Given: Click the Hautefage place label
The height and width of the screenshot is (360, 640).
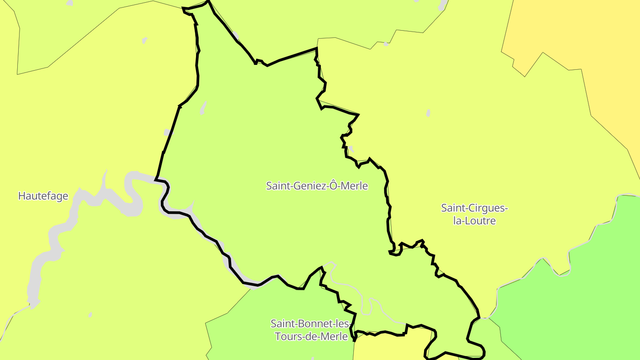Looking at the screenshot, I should (43, 196).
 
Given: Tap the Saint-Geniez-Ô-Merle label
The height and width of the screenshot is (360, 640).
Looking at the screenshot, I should (317, 186).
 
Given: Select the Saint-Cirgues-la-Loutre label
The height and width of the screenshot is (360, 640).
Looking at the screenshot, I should (474, 214).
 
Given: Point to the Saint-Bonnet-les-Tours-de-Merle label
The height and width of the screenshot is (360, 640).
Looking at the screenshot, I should (311, 329).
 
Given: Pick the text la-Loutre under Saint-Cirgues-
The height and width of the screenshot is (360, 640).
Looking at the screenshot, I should (474, 220).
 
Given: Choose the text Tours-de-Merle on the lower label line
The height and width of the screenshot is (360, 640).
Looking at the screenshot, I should (311, 336).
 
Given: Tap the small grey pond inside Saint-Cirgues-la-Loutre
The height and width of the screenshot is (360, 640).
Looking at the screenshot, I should (428, 113).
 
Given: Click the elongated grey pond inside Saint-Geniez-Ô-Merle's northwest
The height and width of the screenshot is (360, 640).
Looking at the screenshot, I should (203, 108).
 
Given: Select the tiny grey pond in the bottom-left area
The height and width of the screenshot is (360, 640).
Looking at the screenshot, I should (90, 315).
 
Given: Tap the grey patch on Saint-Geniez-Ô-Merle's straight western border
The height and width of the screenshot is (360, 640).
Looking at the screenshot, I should (167, 132).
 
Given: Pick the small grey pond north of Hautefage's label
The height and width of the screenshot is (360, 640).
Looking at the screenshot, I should (144, 40).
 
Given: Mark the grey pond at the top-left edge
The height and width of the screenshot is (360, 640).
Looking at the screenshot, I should (69, 3).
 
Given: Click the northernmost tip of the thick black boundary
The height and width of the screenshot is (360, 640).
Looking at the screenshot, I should (208, 1).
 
